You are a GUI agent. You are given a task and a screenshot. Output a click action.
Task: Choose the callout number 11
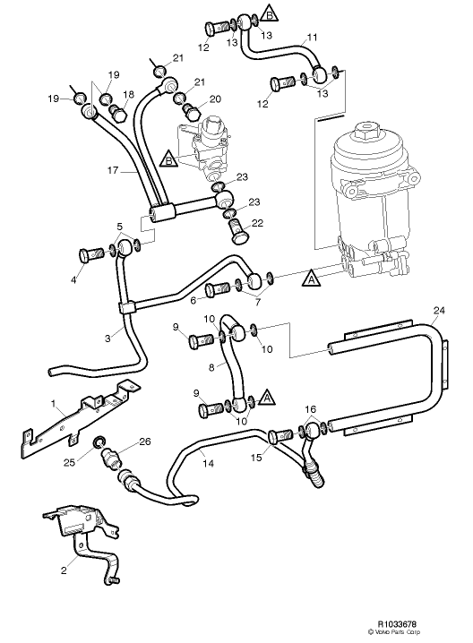click(x=313, y=38)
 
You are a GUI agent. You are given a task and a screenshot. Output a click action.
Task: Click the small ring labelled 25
click(x=100, y=440)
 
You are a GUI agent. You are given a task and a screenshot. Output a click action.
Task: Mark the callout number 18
click(x=127, y=94)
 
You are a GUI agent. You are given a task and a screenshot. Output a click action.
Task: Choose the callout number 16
click(x=310, y=410)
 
